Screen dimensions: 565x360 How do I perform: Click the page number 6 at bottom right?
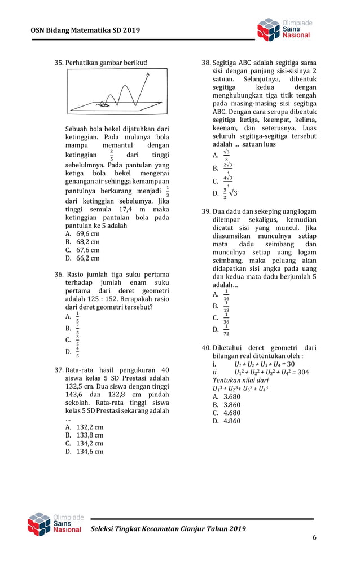314,537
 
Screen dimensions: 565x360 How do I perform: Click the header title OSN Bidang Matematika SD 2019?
85,30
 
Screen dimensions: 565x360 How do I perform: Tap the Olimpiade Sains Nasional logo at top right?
284,29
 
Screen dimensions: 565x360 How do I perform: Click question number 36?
58,274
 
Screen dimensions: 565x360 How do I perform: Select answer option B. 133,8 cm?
84,435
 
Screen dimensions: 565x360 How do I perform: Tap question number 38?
206,63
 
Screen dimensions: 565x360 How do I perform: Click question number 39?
206,211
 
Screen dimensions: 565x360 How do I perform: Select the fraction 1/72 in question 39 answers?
226,329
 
